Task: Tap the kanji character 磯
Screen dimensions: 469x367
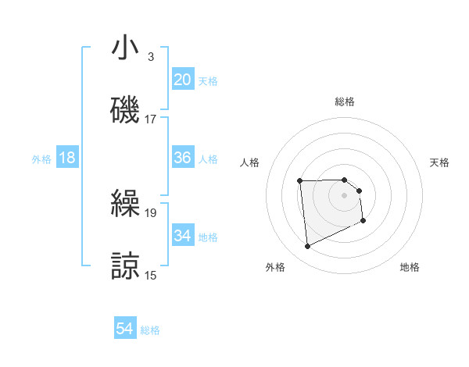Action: tap(125, 110)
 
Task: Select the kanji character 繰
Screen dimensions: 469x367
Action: tap(125, 205)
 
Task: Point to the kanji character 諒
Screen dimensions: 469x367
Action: tap(125, 265)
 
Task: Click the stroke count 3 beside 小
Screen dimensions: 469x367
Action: tap(150, 58)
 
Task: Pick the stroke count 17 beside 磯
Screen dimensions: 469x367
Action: tap(151, 119)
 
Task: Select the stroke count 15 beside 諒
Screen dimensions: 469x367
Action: tap(151, 275)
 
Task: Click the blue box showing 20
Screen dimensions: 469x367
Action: tap(183, 80)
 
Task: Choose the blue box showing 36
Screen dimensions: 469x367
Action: tap(183, 158)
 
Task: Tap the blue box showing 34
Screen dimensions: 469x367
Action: tap(183, 235)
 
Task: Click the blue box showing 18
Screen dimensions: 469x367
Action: tap(67, 158)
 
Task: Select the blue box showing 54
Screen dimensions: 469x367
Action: tap(125, 330)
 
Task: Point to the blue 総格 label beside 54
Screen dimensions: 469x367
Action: tap(150, 330)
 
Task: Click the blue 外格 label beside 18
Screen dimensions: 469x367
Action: tap(41, 159)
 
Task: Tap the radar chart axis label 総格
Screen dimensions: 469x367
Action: tap(344, 102)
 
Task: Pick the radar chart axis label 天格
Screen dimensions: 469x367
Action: tap(439, 162)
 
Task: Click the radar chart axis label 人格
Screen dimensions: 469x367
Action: tap(249, 162)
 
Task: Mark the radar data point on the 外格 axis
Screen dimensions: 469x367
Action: tap(307, 247)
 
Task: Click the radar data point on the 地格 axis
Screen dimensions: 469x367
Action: tap(363, 221)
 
